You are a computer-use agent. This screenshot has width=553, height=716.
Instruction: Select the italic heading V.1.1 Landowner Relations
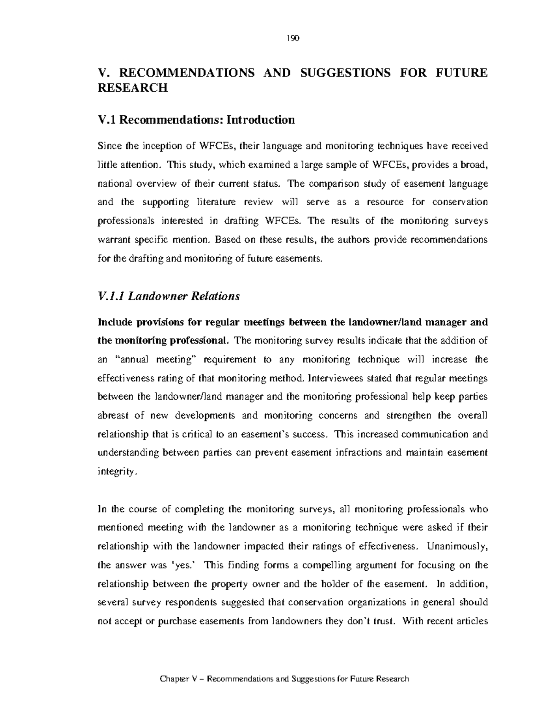click(169, 296)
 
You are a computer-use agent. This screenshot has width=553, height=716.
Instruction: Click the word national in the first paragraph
click(115, 183)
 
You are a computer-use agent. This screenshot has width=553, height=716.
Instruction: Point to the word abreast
click(112, 415)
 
